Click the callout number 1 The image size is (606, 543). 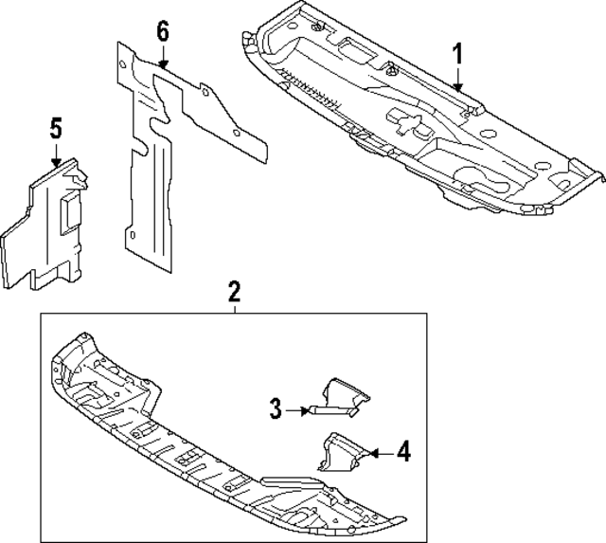[x=457, y=55]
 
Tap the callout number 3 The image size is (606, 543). [x=276, y=408]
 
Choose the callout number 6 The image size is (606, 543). [x=163, y=30]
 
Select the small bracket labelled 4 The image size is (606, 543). [x=341, y=452]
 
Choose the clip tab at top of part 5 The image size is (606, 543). [x=75, y=176]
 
